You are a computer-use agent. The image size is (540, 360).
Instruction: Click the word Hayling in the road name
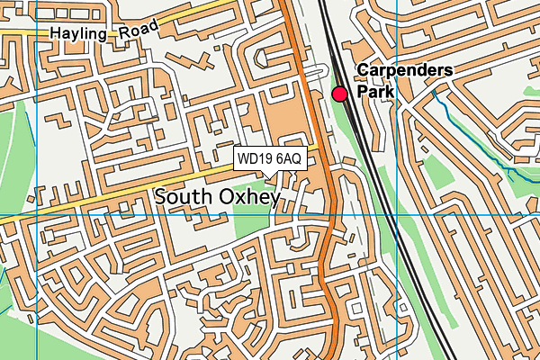(x=78, y=32)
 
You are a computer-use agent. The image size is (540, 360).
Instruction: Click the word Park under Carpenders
(x=374, y=91)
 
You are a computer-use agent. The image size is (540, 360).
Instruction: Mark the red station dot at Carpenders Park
(x=340, y=94)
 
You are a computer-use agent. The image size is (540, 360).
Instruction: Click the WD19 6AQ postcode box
(x=270, y=159)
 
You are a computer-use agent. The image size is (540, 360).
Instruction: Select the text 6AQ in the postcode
(x=289, y=159)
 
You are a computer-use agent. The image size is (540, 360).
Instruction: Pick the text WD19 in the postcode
(x=255, y=159)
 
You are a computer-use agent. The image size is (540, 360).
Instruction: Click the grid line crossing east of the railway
(x=396, y=216)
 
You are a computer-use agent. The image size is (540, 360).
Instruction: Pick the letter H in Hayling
(x=56, y=34)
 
